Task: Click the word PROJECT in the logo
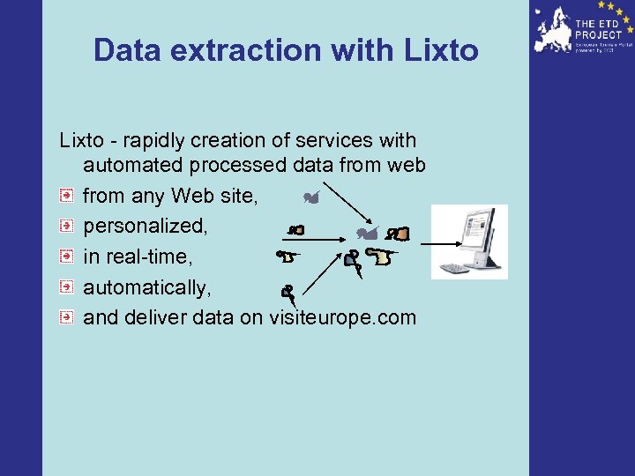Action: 599,33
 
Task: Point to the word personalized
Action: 146,226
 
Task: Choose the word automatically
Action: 147,287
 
